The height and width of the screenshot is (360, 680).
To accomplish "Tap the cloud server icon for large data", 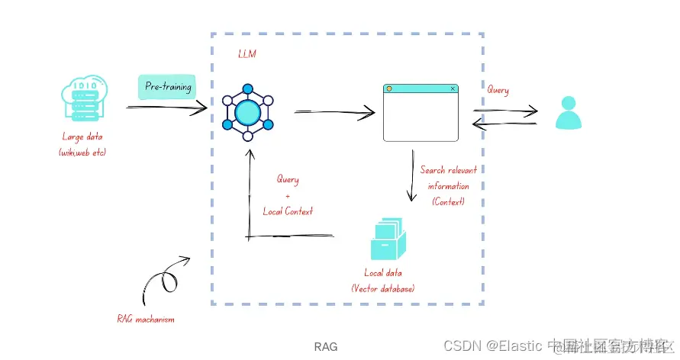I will tap(84, 98).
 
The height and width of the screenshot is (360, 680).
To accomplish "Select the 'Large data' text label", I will tap(82, 137).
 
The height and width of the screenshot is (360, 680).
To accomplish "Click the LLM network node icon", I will tap(247, 113).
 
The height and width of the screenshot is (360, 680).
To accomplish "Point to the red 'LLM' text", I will tap(247, 54).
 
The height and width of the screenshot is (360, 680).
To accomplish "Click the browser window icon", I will tap(421, 113).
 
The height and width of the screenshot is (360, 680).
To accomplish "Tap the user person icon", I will tap(568, 112).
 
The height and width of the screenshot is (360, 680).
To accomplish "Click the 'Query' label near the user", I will tap(498, 90).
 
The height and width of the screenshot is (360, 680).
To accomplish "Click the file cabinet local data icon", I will tap(387, 239).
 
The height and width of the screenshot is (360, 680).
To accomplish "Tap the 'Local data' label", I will tap(383, 273).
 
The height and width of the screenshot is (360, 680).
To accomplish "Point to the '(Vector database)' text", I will tap(383, 288).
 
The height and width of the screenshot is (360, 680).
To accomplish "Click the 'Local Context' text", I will tap(288, 211).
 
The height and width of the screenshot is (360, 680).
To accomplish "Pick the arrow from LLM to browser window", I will tap(334, 113).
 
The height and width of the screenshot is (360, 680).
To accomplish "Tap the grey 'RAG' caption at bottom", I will tap(326, 346).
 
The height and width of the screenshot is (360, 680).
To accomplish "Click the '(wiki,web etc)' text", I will tap(82, 152).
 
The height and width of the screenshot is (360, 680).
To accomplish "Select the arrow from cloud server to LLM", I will tap(166, 108).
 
